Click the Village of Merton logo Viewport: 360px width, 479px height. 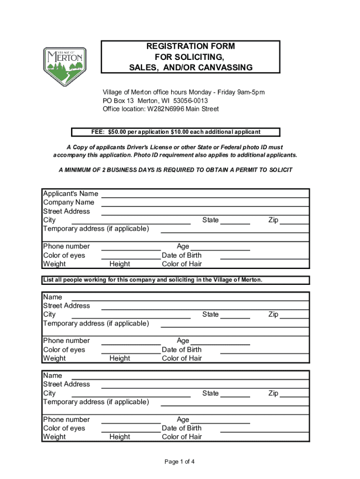click(65, 66)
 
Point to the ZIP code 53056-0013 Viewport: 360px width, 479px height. click(190, 101)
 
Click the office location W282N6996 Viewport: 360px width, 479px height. click(166, 109)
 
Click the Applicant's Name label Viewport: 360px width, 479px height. click(71, 194)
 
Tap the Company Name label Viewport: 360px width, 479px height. click(69, 203)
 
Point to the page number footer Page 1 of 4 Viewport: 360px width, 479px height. click(180, 462)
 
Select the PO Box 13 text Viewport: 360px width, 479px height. click(119, 101)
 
